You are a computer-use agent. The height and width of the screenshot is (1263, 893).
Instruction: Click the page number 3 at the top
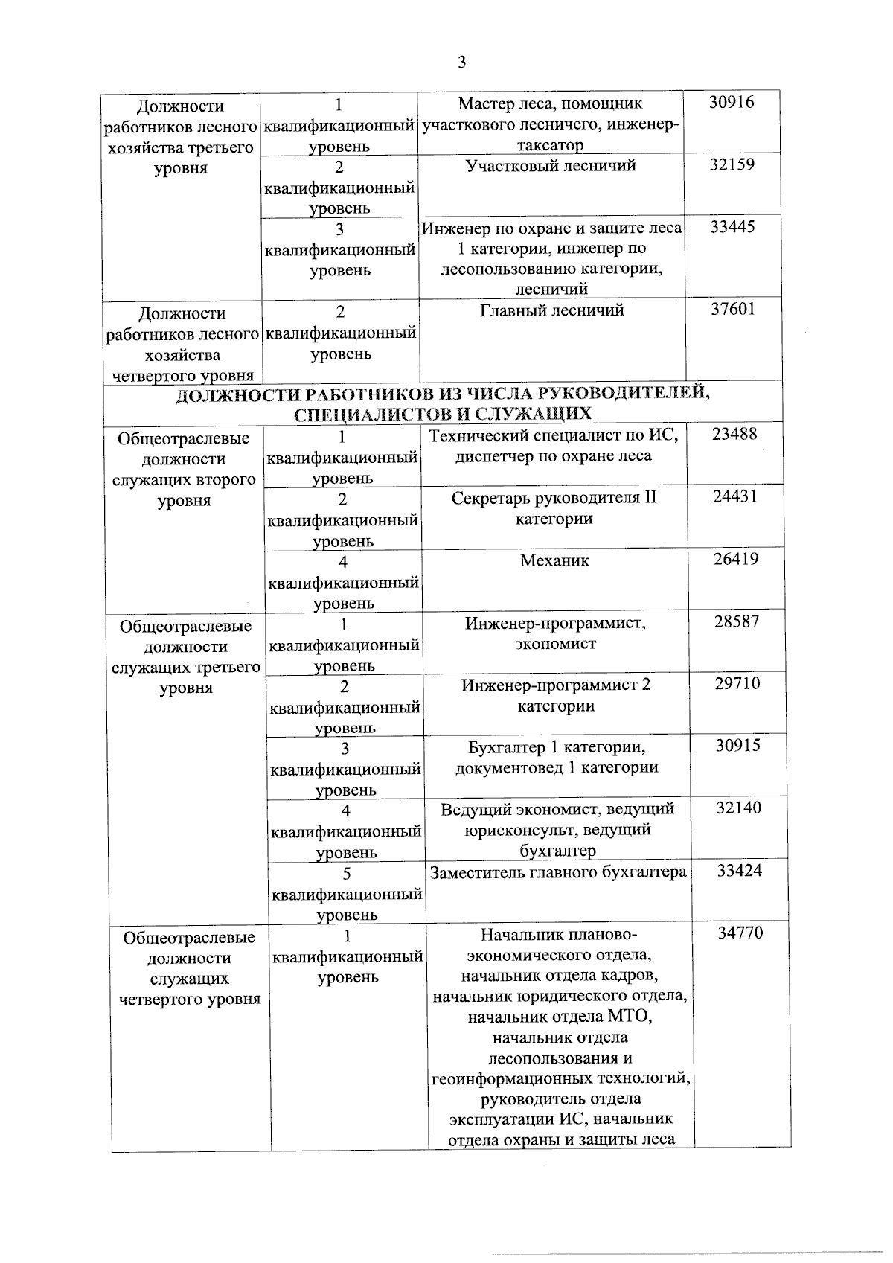[x=461, y=63]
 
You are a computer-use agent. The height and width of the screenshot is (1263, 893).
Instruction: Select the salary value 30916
[x=731, y=103]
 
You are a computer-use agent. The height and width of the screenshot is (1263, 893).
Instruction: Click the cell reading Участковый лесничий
[x=551, y=166]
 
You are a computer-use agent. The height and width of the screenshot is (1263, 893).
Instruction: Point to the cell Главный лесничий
[x=551, y=310]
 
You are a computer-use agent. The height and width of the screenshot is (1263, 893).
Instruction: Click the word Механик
[x=554, y=560]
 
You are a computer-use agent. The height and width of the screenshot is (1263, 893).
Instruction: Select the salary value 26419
[x=736, y=559]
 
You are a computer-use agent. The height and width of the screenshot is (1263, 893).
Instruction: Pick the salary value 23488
[x=734, y=435]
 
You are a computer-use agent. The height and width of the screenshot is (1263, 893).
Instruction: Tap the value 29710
[x=737, y=683]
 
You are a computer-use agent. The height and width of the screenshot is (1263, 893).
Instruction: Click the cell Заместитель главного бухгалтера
[x=557, y=872]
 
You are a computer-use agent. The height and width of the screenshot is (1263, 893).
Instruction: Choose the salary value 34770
[x=740, y=933]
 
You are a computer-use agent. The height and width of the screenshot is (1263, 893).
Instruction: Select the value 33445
[x=732, y=227]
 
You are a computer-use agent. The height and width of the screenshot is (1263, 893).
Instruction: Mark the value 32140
[x=738, y=808]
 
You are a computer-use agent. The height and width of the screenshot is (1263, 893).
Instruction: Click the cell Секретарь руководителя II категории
[x=554, y=508]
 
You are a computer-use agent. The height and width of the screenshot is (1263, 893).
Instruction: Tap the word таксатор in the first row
[x=550, y=145]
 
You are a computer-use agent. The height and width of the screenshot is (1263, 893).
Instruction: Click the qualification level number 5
[x=346, y=873]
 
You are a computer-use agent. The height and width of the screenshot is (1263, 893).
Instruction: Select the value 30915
[x=737, y=745]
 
